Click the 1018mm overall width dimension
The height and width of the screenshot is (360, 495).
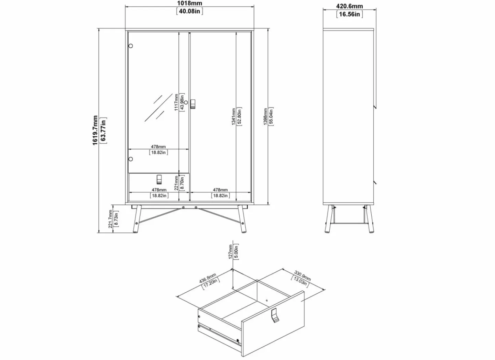pos(190,3)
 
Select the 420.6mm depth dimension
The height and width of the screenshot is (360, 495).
pos(349,6)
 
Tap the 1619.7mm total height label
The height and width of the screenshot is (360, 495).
pos(95,130)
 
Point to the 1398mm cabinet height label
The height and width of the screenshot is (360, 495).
pos(265,116)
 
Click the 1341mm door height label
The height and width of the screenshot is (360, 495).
pos(234,116)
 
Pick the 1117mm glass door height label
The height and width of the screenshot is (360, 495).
pos(176,102)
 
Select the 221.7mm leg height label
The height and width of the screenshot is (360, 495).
pos(110,219)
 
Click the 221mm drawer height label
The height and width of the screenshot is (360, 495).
pos(176,183)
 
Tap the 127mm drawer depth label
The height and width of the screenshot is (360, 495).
pos(230,251)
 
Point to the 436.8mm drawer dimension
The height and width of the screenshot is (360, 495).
pos(208,278)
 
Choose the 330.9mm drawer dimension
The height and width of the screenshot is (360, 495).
pos(302,276)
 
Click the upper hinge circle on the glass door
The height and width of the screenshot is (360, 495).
pos(131,46)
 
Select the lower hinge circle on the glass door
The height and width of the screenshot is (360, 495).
pos(131,159)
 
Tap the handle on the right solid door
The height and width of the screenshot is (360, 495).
pos(193,104)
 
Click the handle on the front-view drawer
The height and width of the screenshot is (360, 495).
pos(159,179)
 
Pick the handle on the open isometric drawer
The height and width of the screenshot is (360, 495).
pos(275,316)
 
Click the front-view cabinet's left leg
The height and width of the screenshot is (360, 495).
pos(137,219)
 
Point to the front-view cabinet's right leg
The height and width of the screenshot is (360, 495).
pos(242,219)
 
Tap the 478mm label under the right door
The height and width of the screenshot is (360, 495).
pos(220,190)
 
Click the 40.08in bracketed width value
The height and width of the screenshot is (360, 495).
pos(190,11)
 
